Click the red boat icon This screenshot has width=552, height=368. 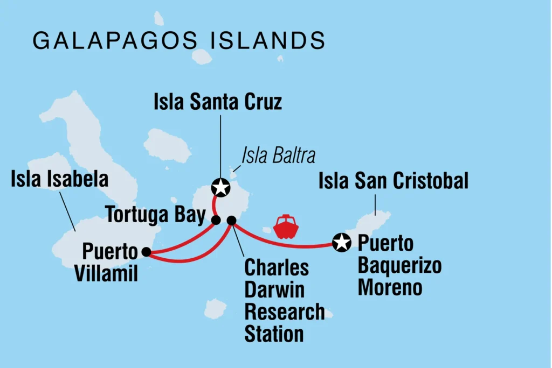pos(286,227)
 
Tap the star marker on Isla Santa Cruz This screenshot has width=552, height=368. pos(220,188)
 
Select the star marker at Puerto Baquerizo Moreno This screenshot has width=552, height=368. pos(342,243)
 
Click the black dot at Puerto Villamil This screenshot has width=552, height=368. pos(146,251)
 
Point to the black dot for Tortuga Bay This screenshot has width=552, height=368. pos(216,220)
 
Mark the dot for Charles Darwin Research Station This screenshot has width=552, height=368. pos(231,220)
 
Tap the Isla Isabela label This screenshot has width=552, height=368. pos(59,180)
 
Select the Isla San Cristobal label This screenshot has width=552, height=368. pos(393,181)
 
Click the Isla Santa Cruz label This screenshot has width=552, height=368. pos(217,101)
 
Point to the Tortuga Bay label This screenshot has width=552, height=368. pos(156,215)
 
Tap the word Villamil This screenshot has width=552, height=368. pos(106,274)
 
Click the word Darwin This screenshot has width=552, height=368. pos(274,289)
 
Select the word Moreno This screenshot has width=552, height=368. pos(390,287)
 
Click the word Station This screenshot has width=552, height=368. pos(274,334)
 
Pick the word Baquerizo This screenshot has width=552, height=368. pos(399,265)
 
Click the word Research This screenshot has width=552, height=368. pos(284,312)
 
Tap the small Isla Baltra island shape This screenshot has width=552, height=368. pos(233,174)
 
